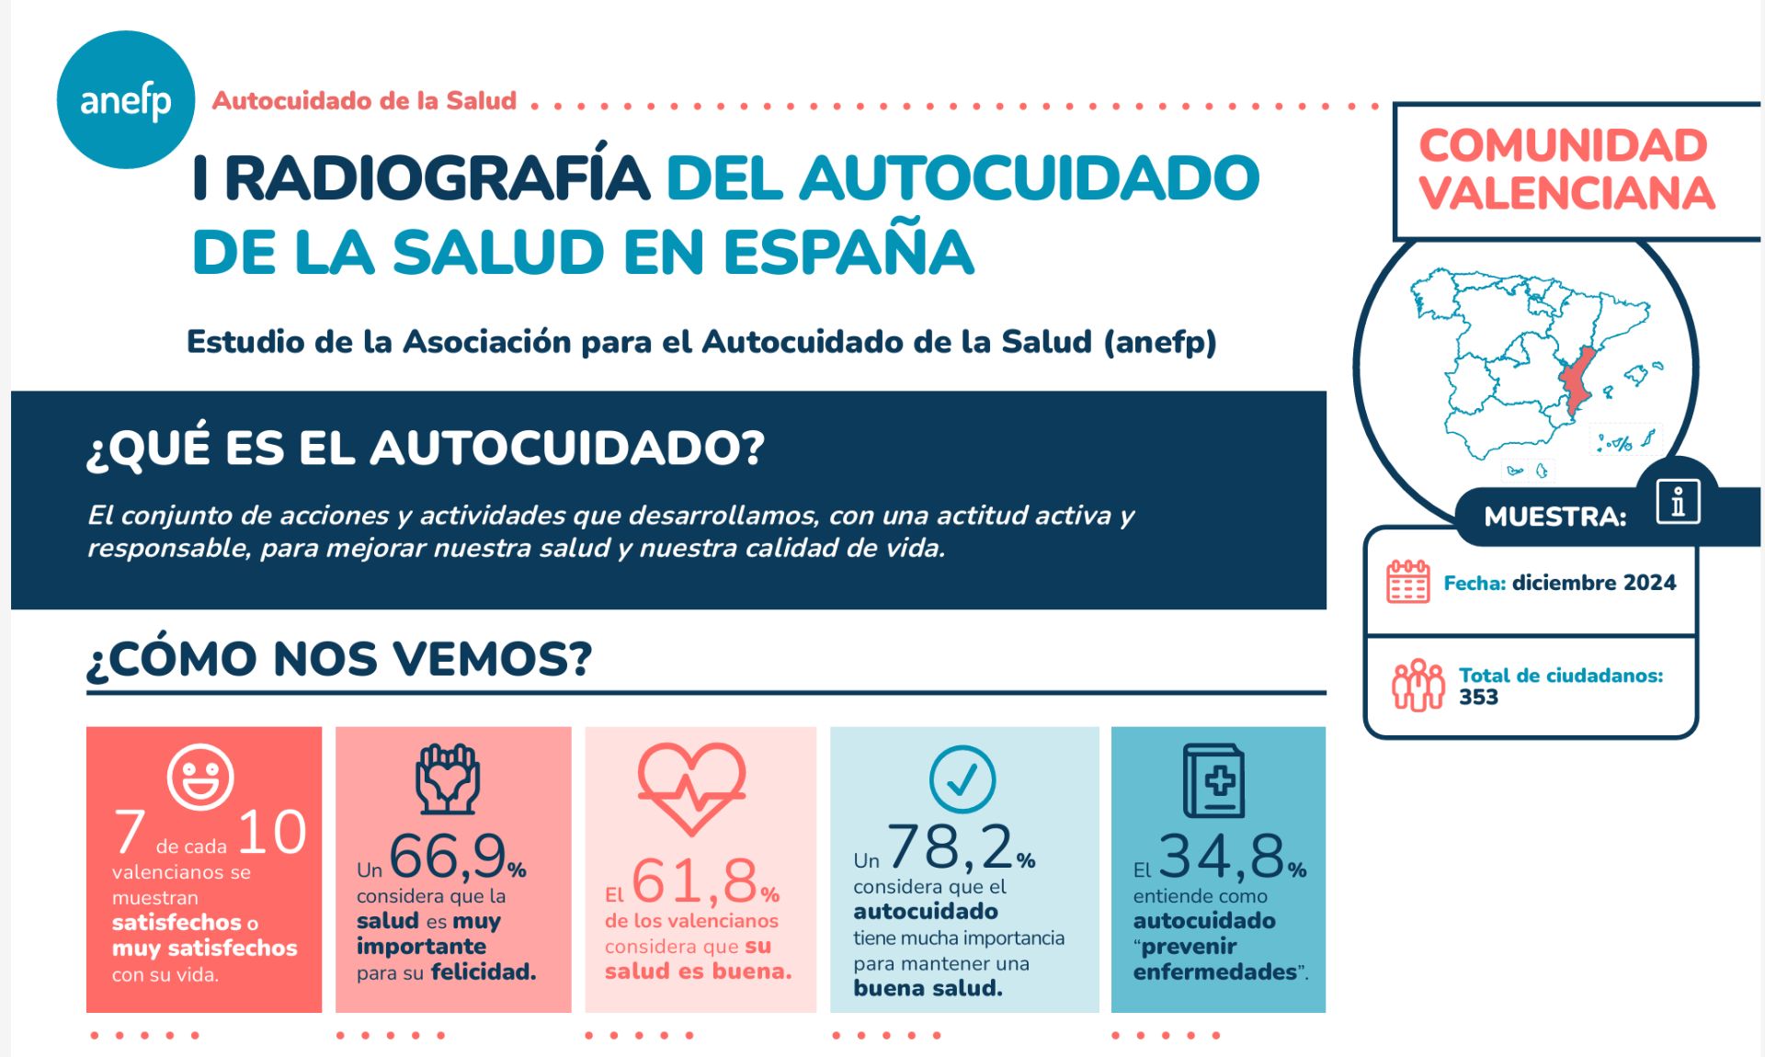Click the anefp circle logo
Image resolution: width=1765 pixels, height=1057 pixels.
coord(126,100)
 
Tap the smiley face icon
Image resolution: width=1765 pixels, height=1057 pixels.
coord(199,777)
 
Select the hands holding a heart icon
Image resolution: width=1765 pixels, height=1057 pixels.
coord(447,779)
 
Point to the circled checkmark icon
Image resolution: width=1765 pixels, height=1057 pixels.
coord(962,779)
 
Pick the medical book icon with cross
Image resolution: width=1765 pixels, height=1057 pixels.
coord(1214,781)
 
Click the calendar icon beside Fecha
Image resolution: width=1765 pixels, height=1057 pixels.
coord(1407,582)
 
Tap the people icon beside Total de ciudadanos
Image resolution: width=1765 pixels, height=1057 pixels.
coord(1418,686)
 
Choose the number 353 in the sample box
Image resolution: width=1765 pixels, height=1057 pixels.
coord(1478,698)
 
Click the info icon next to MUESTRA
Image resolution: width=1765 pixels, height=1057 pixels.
coord(1678,502)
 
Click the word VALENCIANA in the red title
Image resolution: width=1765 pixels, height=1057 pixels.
coord(1566,194)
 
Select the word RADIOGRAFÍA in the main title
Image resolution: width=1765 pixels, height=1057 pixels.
coord(437,178)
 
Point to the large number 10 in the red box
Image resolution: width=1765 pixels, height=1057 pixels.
coord(272,833)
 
